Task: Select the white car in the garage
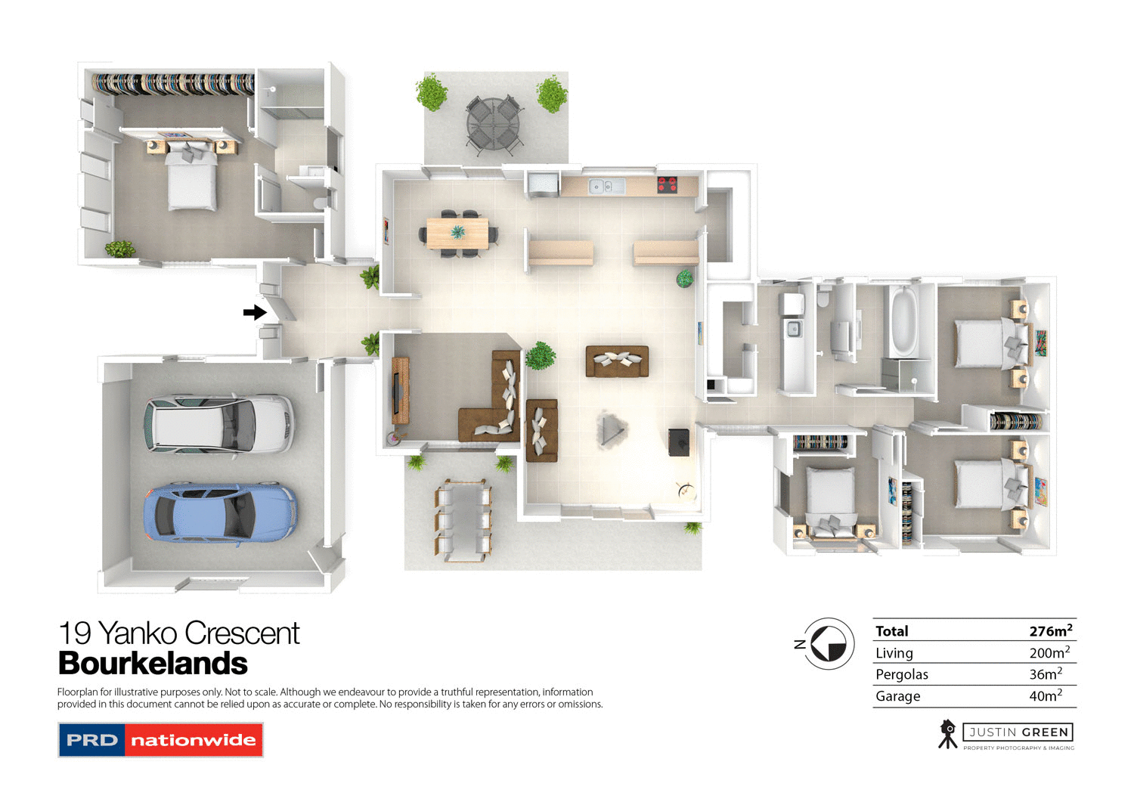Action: pyautogui.click(x=219, y=424)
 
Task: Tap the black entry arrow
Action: pyautogui.click(x=255, y=312)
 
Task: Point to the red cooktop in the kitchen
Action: pyautogui.click(x=667, y=184)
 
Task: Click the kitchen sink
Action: pyautogui.click(x=607, y=185)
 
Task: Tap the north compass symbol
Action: pyautogui.click(x=829, y=644)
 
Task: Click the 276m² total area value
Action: pyautogui.click(x=1050, y=630)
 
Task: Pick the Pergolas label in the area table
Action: pyautogui.click(x=901, y=674)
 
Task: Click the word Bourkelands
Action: pyautogui.click(x=153, y=664)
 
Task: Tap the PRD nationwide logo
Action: pyautogui.click(x=160, y=740)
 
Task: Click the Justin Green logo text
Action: pyautogui.click(x=1018, y=732)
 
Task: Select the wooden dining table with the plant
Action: pyautogui.click(x=457, y=233)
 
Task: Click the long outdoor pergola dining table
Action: pyautogui.click(x=463, y=520)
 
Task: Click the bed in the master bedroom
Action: pyautogui.click(x=191, y=178)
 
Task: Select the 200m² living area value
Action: pyautogui.click(x=1049, y=652)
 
